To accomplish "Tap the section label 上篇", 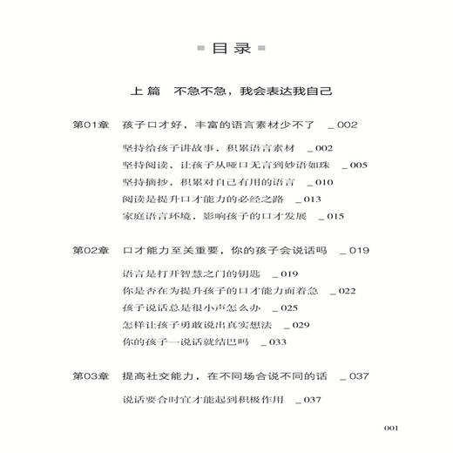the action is pyautogui.click(x=145, y=91).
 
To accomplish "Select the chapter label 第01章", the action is pyautogui.click(x=91, y=125).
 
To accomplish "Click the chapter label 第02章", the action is pyautogui.click(x=91, y=250).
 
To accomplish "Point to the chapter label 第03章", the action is pyautogui.click(x=91, y=375).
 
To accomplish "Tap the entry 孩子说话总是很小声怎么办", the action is pyautogui.click(x=180, y=308).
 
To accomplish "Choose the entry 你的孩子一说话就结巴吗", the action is pyautogui.click(x=175, y=342).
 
